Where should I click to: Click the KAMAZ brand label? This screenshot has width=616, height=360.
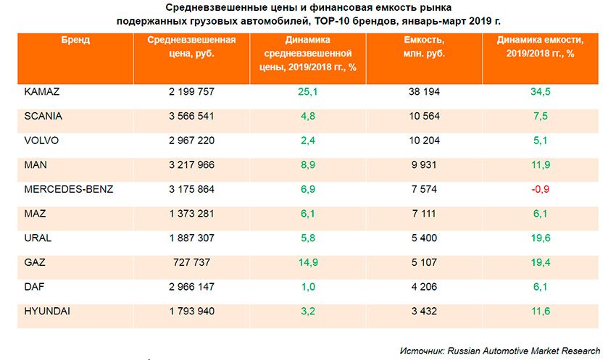pyautogui.click(x=41, y=92)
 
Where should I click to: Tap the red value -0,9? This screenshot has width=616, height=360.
pyautogui.click(x=541, y=190)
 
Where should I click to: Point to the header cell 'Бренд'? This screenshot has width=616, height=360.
pyautogui.click(x=75, y=41)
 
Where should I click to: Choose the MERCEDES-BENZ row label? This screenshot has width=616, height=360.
pyautogui.click(x=69, y=190)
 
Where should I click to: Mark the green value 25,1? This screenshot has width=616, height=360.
pyautogui.click(x=308, y=92)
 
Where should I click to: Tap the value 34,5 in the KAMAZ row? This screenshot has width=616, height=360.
pyautogui.click(x=541, y=92)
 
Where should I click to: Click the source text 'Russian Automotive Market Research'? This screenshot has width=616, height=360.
pyautogui.click(x=524, y=350)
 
